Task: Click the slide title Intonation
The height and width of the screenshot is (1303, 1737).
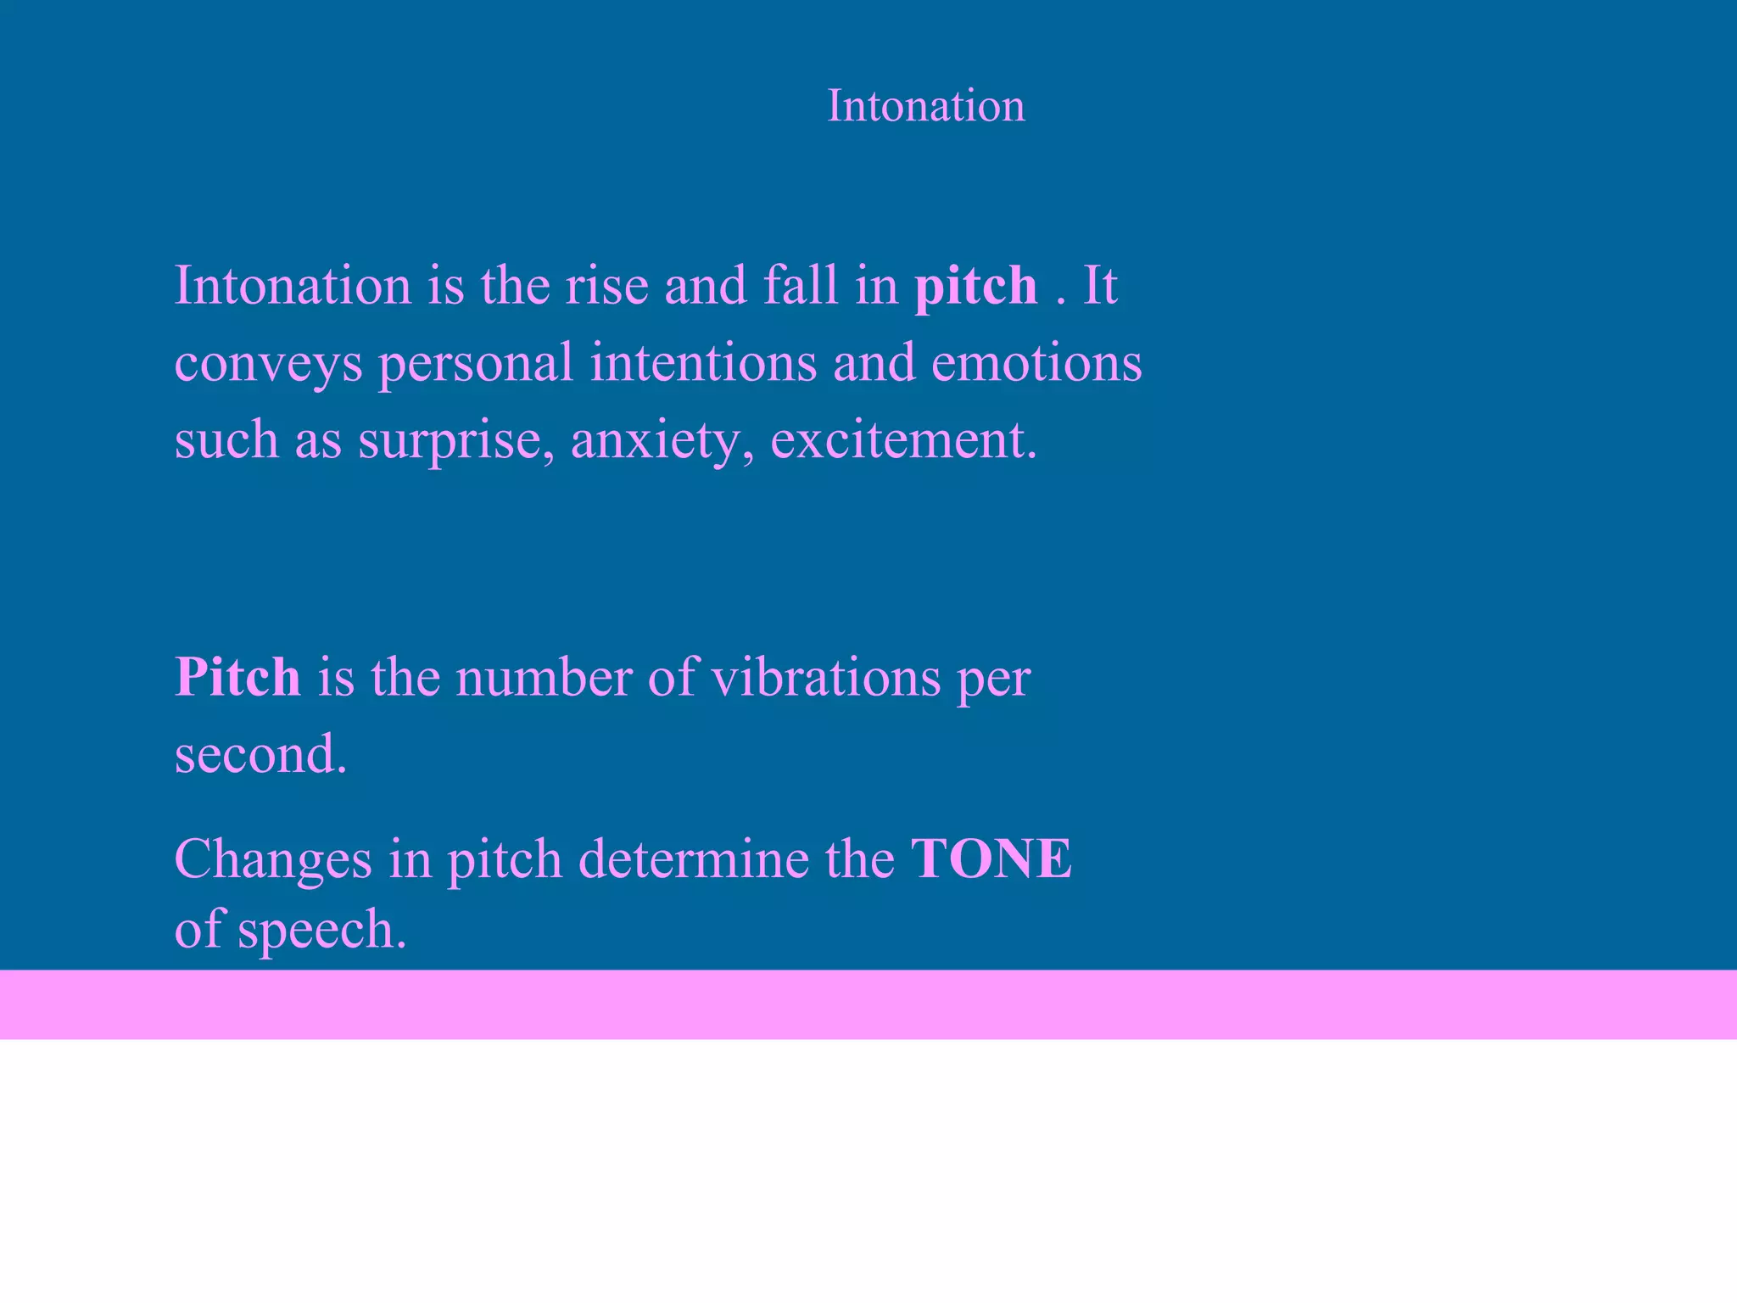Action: point(925,106)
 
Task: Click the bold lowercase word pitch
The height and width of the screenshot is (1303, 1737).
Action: point(975,286)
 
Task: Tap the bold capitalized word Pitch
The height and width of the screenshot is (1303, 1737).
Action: point(237,678)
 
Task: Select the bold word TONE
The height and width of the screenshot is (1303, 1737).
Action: point(991,858)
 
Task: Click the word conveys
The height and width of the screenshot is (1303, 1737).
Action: point(268,364)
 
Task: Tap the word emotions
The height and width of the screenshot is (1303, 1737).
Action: point(1036,362)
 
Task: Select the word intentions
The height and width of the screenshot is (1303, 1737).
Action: point(703,362)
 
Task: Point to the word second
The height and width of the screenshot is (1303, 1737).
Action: point(260,754)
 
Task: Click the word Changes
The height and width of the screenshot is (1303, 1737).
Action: point(273,860)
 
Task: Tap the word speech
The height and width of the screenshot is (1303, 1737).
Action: point(321,931)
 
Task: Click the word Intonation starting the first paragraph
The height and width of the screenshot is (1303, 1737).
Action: point(293,286)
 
